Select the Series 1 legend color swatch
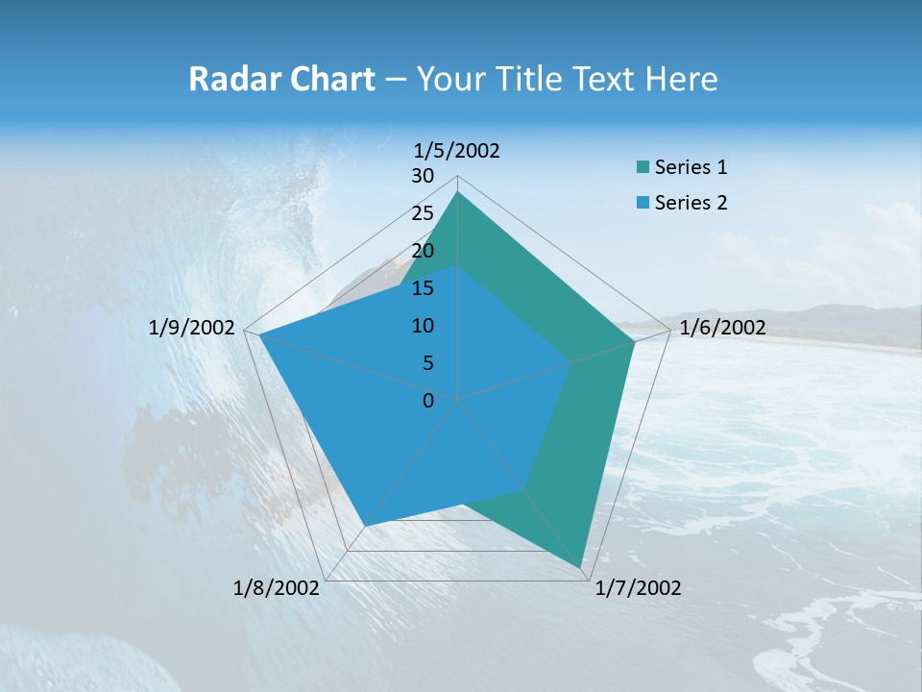click(643, 168)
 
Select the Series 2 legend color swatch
click(643, 204)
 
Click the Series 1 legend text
click(691, 168)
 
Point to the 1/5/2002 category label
click(456, 150)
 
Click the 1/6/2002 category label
click(722, 328)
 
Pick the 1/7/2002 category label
click(638, 588)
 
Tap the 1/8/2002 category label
click(277, 588)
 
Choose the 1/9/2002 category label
click(192, 328)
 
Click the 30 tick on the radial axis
click(423, 176)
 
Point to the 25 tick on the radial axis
click(423, 213)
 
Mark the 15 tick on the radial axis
click(423, 288)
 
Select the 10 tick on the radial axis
click(423, 326)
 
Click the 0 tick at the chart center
click(428, 401)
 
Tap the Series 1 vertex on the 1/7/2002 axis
click(582, 568)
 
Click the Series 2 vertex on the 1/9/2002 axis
click(259, 334)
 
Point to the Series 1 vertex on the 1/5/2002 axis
click(457, 191)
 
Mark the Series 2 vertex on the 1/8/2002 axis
click(365, 526)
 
